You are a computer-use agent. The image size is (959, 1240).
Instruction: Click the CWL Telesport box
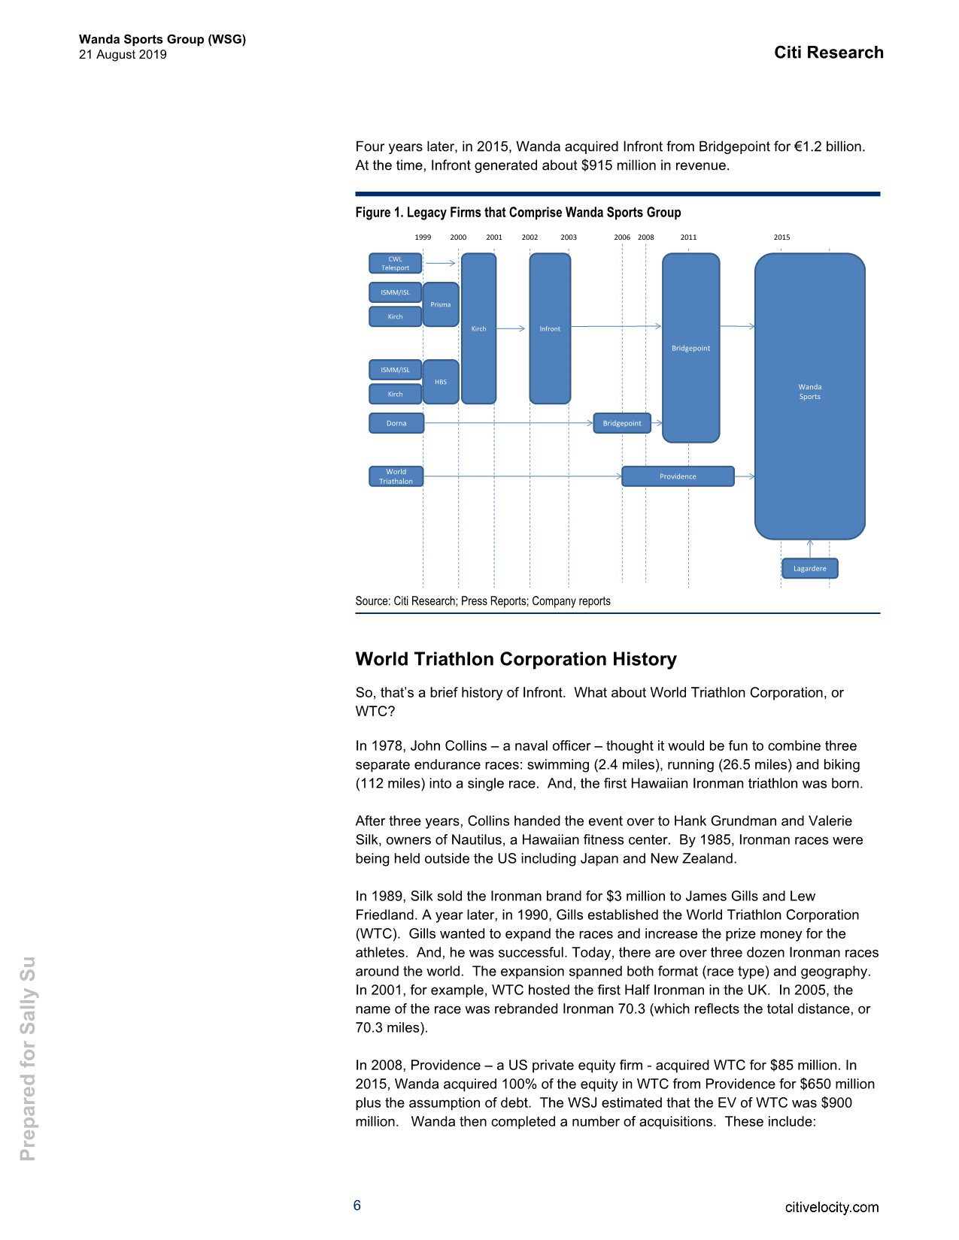[x=395, y=264]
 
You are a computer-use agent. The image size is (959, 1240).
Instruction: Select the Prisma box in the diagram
[x=441, y=304]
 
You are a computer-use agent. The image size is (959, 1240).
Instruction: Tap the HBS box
[x=441, y=382]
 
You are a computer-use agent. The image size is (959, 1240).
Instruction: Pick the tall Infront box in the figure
[x=550, y=328]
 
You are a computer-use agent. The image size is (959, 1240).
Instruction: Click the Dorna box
[x=396, y=423]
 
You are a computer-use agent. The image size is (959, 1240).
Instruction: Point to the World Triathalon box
[x=396, y=476]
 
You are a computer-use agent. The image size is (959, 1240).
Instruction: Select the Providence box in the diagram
[x=678, y=476]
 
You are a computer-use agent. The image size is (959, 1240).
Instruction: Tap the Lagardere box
[x=809, y=569]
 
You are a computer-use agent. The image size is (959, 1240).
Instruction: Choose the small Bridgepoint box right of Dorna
[x=622, y=423]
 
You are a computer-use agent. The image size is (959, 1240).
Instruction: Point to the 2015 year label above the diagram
[x=781, y=237]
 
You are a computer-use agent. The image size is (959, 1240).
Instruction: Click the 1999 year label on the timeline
[x=423, y=237]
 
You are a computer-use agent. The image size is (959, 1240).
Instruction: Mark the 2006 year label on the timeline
[x=622, y=237]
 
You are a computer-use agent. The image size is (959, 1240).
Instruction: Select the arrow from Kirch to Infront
[x=511, y=328]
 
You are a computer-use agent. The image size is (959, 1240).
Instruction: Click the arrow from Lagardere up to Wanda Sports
[x=809, y=549]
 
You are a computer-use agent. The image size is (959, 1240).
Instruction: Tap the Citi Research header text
[x=829, y=53]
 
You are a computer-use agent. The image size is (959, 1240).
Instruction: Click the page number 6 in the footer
[x=357, y=1205]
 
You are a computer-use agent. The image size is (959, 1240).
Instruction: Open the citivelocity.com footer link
[x=831, y=1208]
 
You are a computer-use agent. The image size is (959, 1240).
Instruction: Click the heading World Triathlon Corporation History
[x=516, y=659]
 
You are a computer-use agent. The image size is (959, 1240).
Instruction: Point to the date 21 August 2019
[x=123, y=55]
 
